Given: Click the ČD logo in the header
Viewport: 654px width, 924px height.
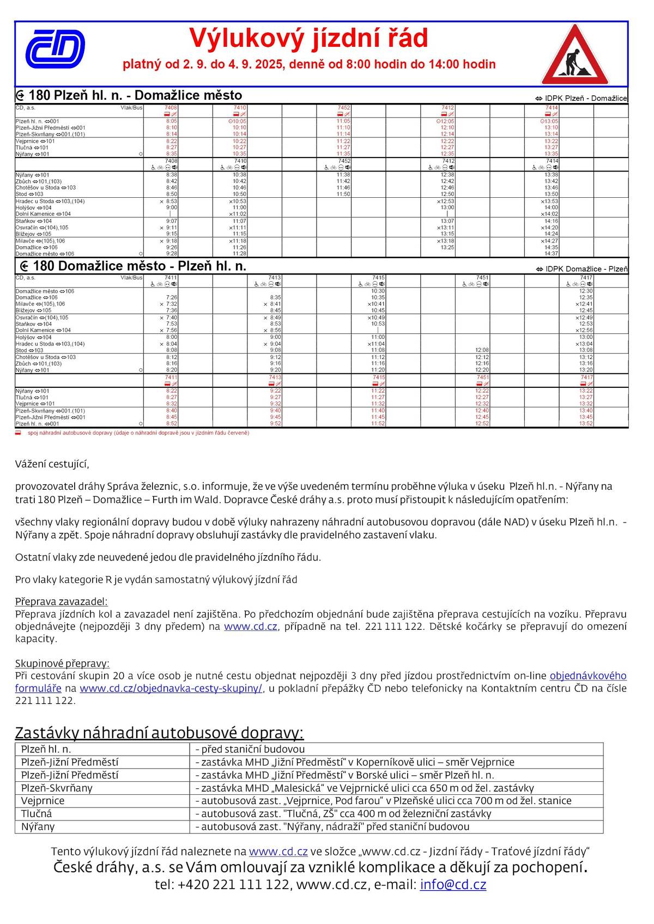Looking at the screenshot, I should coord(55,49).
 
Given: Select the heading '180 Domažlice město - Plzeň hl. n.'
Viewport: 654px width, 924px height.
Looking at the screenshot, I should coord(133,266).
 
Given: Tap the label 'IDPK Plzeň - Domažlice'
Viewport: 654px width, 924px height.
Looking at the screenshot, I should coord(582,99).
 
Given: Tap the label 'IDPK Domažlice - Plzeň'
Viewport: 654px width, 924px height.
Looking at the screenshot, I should coord(582,269).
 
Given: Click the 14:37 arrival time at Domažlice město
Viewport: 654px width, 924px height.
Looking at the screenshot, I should coord(551,254).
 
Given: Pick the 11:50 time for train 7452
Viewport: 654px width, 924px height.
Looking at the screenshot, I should coord(343,194).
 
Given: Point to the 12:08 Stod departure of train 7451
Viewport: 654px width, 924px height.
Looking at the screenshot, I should coord(482,350).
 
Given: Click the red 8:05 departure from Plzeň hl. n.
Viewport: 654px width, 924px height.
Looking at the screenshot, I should coord(171,121).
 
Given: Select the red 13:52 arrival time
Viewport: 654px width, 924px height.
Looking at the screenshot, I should coord(586,423).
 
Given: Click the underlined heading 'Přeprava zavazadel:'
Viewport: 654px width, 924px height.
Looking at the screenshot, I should coord(61,602).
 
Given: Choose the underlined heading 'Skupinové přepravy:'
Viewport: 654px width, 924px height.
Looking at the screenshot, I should coord(62,663).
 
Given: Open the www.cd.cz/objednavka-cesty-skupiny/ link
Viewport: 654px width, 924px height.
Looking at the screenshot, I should coord(171,688).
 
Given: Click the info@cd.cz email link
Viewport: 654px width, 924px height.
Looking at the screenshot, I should coord(452,885).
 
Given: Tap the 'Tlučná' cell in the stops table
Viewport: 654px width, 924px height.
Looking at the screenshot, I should coord(37,814).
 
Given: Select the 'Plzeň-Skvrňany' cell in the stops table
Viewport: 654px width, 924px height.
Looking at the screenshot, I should coord(57,788).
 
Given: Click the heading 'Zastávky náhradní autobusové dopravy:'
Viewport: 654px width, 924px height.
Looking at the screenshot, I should coord(159,733).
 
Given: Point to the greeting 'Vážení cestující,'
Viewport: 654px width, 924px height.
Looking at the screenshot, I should coord(52,464).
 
